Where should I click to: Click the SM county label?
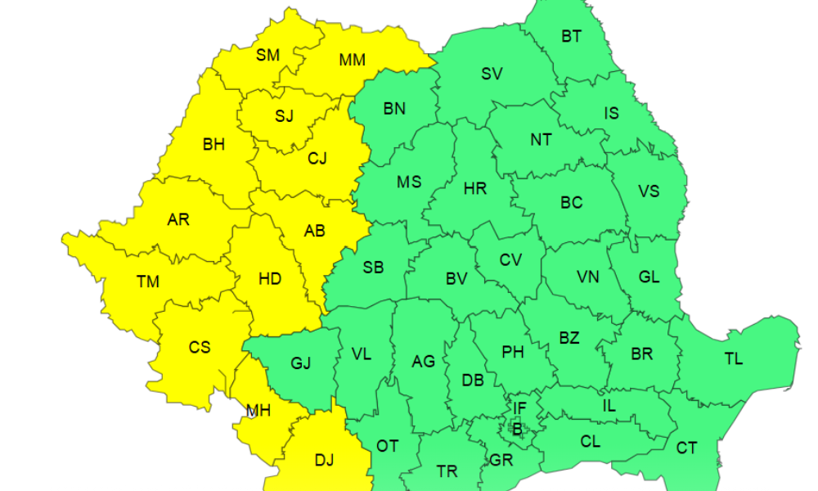pos(267,56)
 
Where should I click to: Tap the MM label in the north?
pos(352,60)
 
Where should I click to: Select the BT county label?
pos(571,36)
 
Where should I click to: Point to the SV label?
pos(492,74)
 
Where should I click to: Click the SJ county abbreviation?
pos(284,115)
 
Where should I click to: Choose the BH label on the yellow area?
pos(213,145)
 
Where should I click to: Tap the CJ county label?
pos(317,159)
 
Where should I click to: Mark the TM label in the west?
pos(148,282)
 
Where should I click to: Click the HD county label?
pos(270,279)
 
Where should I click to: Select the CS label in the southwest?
pos(200,348)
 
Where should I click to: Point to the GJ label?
pos(301,363)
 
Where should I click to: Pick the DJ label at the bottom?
pos(325,460)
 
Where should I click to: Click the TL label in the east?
pos(734,358)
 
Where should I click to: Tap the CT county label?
pos(686,448)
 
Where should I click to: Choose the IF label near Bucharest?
pos(519,407)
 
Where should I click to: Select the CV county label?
pos(510,260)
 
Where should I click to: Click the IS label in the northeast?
pos(611,114)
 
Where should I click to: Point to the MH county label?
pos(259,411)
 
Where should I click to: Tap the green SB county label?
pos(373,267)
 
